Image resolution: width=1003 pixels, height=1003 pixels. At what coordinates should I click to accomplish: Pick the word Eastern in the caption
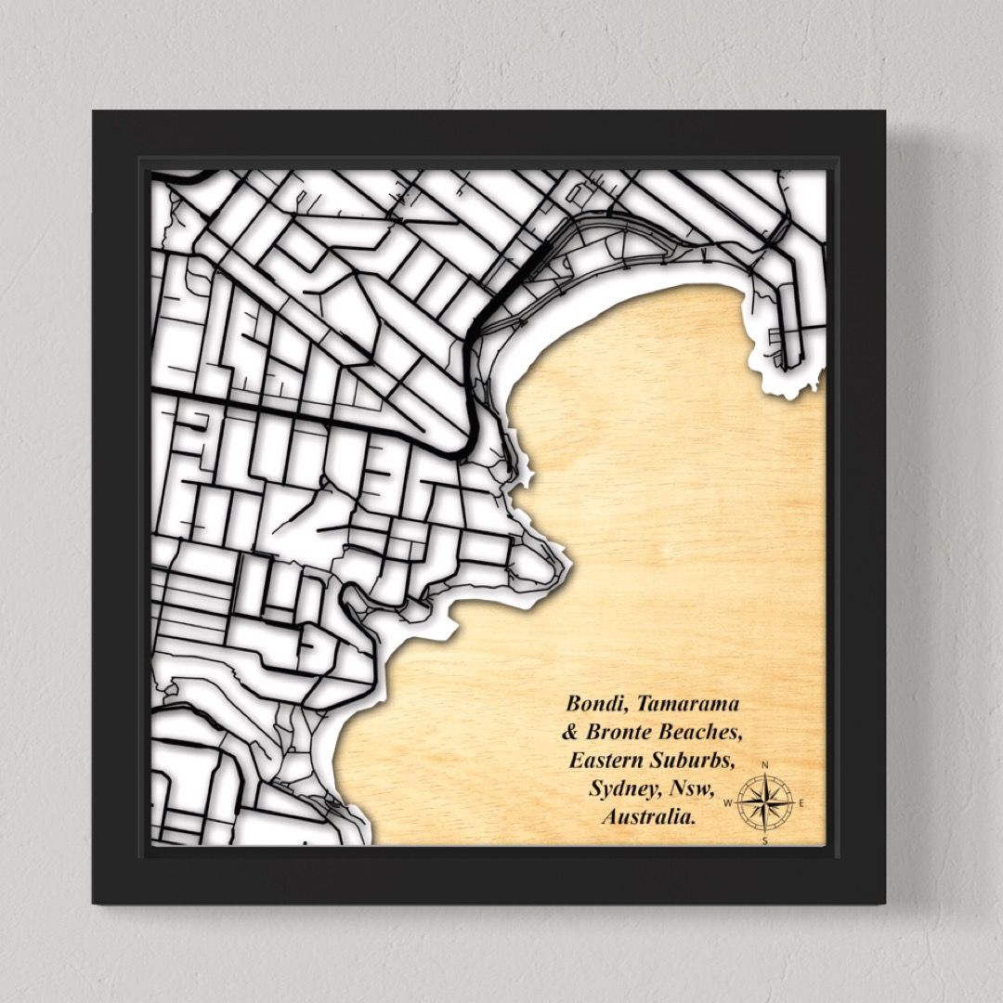pyautogui.click(x=607, y=761)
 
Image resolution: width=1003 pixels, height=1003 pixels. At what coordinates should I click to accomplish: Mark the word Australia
pyautogui.click(x=649, y=818)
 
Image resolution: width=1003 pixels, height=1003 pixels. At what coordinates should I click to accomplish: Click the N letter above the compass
pyautogui.click(x=765, y=765)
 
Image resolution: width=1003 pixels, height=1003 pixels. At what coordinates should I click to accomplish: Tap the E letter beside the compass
pyautogui.click(x=801, y=803)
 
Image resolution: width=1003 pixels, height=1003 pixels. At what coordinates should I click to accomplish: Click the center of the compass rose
pyautogui.click(x=765, y=803)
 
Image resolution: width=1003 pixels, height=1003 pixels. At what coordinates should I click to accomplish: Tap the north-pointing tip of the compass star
pyautogui.click(x=765, y=775)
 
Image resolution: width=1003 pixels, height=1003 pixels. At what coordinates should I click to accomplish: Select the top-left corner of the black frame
pyautogui.click(x=94, y=112)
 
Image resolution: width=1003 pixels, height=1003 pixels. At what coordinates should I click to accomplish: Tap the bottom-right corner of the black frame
pyautogui.click(x=884, y=903)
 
